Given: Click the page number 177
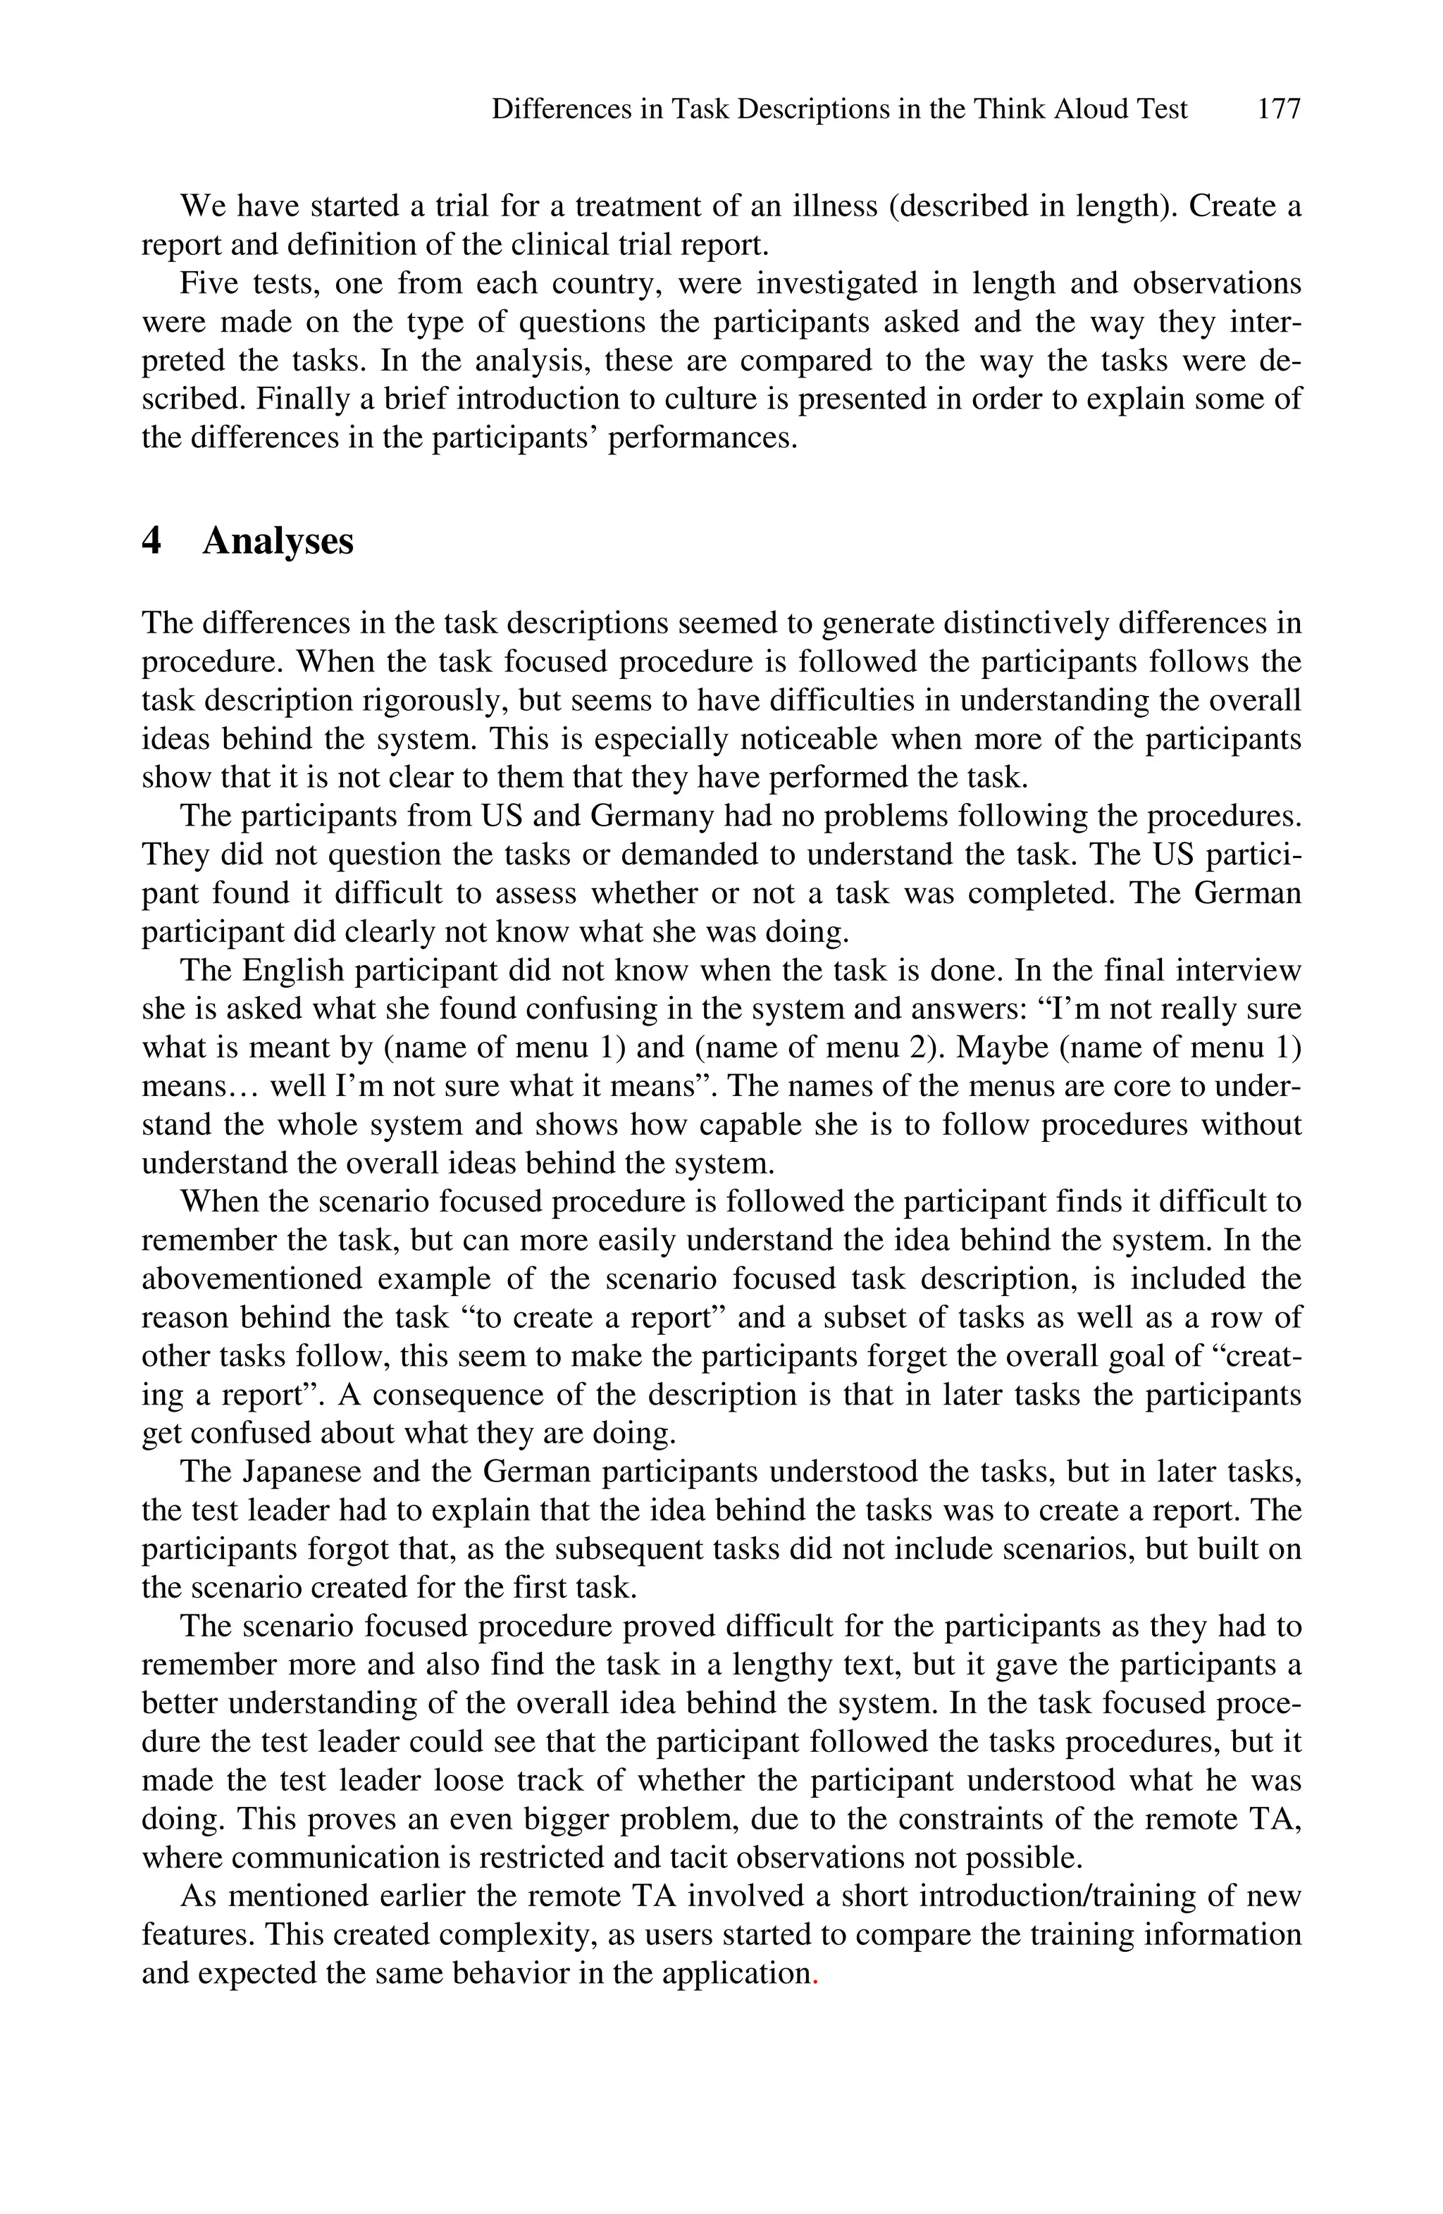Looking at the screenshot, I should pyautogui.click(x=1277, y=110).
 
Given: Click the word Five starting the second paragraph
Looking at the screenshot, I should pyautogui.click(x=209, y=282).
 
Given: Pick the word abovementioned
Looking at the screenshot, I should pyautogui.click(x=252, y=1279).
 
